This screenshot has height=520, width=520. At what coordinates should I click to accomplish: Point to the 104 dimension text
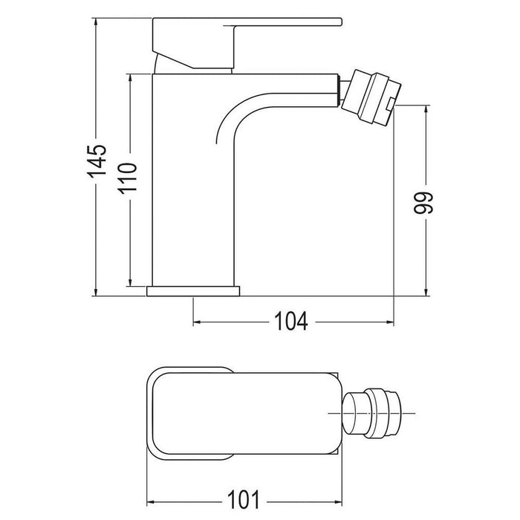[x=292, y=321]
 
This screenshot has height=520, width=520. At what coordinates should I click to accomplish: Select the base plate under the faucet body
[x=195, y=290]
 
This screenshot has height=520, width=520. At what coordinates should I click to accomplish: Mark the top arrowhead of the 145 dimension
[x=97, y=22]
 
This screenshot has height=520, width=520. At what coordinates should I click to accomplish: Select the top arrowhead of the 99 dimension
[x=425, y=111]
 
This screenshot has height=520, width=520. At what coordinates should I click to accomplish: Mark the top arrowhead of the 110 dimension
[x=131, y=77]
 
